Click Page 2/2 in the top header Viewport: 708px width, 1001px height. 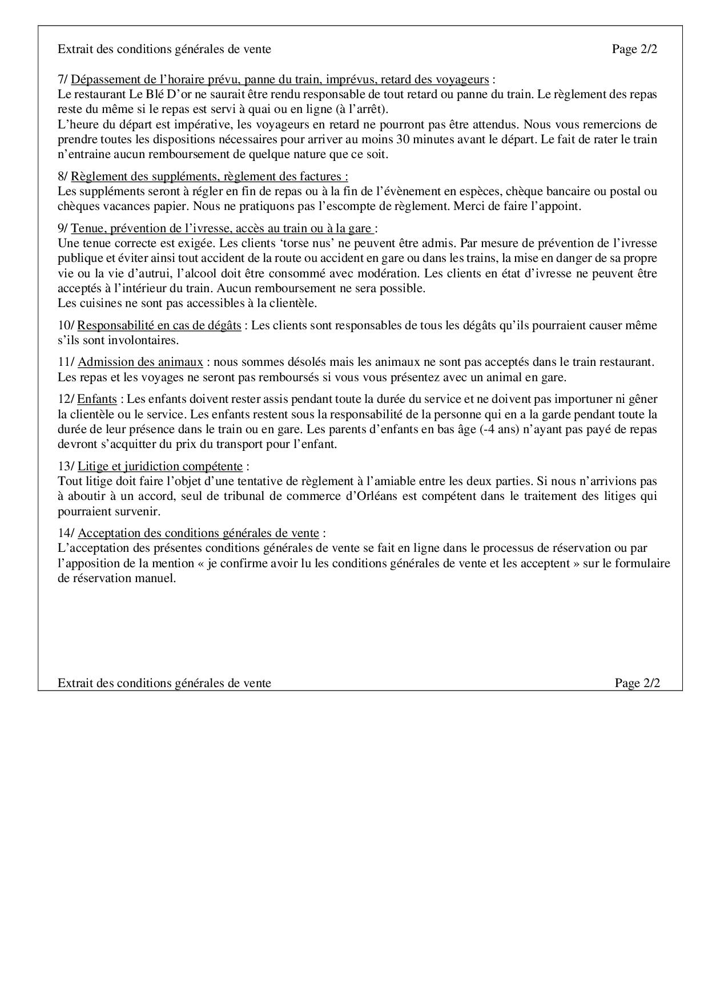[634, 49]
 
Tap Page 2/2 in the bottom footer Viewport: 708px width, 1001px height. [637, 683]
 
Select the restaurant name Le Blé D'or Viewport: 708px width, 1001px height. [162, 94]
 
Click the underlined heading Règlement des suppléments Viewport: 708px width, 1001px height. [209, 176]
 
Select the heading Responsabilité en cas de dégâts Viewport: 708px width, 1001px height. [159, 325]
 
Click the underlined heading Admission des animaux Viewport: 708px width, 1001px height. [140, 362]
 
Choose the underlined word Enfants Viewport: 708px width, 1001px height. [97, 399]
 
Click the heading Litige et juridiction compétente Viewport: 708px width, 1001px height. [160, 466]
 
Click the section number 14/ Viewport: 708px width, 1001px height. [66, 533]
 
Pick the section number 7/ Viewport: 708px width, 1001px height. [63, 79]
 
